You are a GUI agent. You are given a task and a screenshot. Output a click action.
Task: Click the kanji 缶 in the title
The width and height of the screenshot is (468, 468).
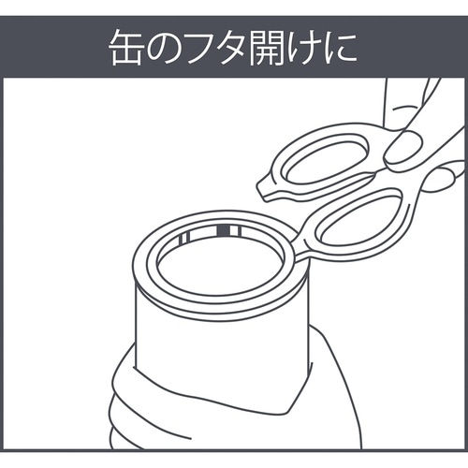pos(126,49)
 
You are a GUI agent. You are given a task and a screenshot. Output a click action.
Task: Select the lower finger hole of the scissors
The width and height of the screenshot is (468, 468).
pos(358,217)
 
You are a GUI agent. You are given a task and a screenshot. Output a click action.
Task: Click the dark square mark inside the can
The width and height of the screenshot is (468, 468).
pos(223,230)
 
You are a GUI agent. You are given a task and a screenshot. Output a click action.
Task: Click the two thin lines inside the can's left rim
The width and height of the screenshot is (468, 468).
pos(184,238)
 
